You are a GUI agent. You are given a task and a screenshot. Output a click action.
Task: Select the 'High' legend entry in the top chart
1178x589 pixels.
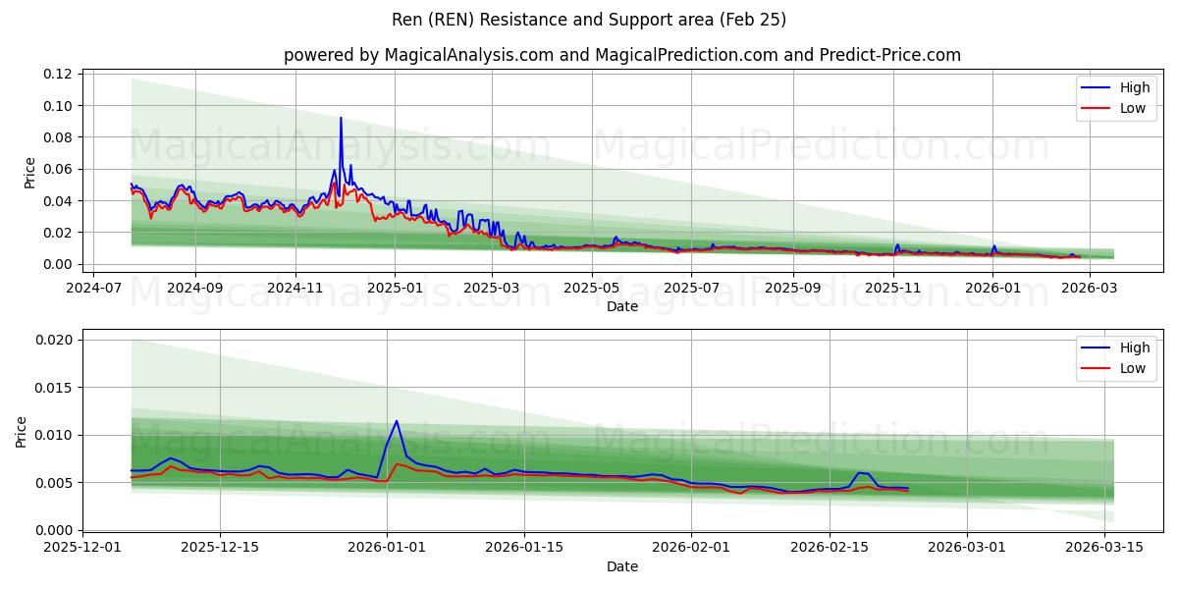1135,87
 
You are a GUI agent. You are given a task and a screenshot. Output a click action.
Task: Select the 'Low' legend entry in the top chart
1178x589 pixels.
1133,108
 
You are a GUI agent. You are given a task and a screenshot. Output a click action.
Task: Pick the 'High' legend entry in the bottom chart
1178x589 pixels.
1135,348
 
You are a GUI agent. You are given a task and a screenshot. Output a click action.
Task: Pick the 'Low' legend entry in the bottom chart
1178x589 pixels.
1133,368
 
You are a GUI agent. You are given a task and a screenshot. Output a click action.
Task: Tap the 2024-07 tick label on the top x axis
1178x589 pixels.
94,288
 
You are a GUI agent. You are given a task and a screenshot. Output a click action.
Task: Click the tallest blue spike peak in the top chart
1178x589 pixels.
341,118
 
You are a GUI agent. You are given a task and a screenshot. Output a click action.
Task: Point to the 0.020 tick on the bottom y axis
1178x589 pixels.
54,340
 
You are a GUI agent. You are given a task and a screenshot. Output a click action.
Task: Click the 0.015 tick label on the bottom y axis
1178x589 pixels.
54,388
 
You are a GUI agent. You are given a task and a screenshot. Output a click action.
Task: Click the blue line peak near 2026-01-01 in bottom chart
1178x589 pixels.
397,421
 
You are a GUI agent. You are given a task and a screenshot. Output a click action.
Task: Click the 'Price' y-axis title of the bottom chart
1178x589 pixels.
22,431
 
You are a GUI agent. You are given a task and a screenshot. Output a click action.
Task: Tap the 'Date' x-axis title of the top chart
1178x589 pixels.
622,306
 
